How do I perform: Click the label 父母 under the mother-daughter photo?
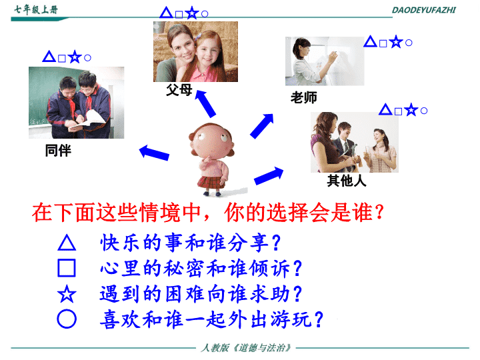click(x=179, y=90)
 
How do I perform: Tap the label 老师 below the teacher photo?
click(x=304, y=97)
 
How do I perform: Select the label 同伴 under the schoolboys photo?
click(x=58, y=151)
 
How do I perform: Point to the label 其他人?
click(x=347, y=181)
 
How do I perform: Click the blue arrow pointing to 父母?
click(x=205, y=103)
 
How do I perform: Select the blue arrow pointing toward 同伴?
click(x=154, y=153)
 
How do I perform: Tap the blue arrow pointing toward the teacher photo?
click(x=262, y=126)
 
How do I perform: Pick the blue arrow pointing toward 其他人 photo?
click(x=269, y=176)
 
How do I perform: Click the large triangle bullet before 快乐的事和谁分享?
click(x=67, y=243)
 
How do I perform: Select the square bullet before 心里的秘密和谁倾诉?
click(x=67, y=268)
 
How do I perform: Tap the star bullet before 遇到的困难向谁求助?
click(x=67, y=293)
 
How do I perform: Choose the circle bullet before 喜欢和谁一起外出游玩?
click(x=67, y=319)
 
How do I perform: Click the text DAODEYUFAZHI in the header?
click(x=424, y=10)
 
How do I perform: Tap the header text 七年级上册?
click(x=36, y=10)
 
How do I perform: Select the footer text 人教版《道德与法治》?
click(x=246, y=348)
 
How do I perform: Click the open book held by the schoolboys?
click(x=89, y=120)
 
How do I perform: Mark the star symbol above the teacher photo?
click(x=396, y=41)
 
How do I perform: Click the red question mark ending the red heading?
click(x=379, y=212)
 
